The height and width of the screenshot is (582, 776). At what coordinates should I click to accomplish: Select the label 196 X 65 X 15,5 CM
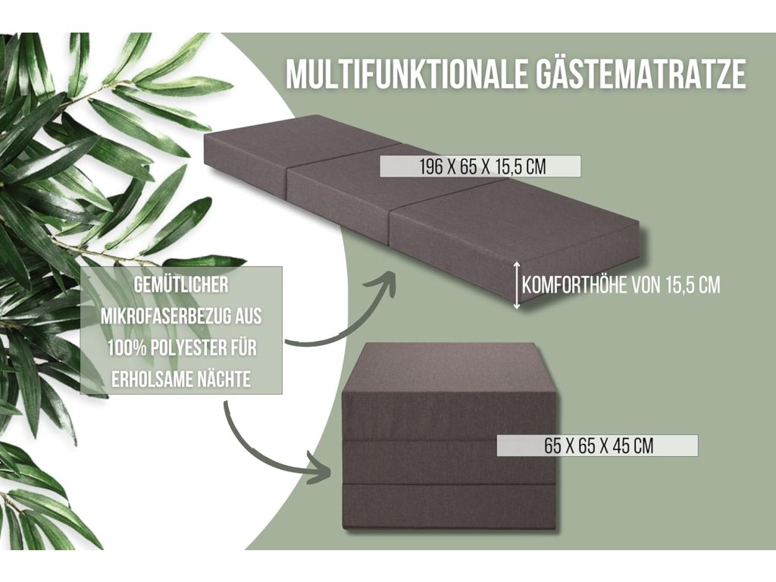click(x=480, y=167)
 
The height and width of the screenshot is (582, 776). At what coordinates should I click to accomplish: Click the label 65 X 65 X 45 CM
click(x=598, y=446)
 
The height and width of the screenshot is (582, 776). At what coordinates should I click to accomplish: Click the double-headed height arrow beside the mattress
click(x=517, y=285)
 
